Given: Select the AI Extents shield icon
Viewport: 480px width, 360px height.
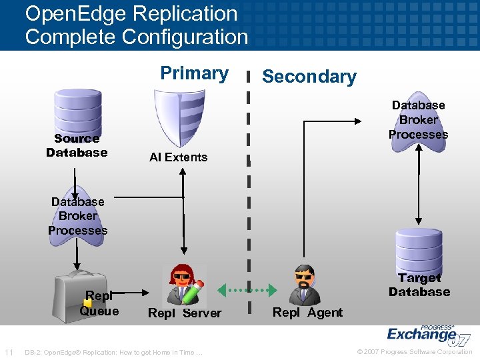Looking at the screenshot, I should click(x=179, y=117).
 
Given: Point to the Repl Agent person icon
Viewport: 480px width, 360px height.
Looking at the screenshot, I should click(x=305, y=285).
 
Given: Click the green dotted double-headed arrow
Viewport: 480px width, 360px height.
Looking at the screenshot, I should click(x=249, y=290).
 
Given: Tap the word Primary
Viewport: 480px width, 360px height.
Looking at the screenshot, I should click(x=194, y=73).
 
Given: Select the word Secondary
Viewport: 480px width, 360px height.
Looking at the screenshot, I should click(x=309, y=77).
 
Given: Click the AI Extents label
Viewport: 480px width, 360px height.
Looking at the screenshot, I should click(x=178, y=157).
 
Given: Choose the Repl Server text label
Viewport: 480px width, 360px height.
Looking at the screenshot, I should click(x=185, y=313).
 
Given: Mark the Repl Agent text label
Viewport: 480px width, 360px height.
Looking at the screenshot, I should click(x=307, y=312).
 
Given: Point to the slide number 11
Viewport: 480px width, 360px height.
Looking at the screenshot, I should click(x=9, y=352).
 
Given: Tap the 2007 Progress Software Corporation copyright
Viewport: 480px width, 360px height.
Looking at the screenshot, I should click(x=415, y=352).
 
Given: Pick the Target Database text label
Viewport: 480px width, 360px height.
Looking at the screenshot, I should click(x=419, y=285).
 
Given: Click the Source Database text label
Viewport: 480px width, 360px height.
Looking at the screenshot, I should click(x=77, y=146).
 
